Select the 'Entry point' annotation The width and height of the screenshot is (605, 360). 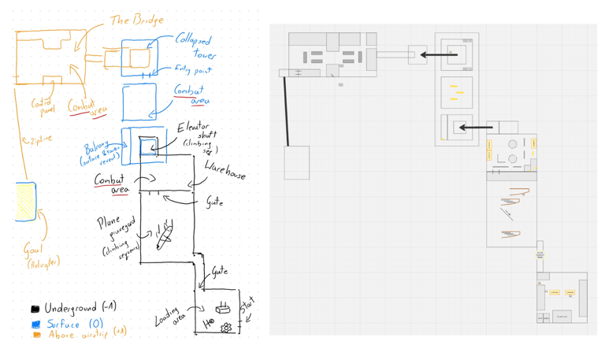pos(193,70)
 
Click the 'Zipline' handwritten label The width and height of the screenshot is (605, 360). pos(37,139)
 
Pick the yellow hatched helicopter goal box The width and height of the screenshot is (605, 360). pos(25,202)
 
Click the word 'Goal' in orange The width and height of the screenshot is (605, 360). pos(32,251)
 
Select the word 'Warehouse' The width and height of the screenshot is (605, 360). pos(225,170)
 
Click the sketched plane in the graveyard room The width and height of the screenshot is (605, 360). pos(164,235)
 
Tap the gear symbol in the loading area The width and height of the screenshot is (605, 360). pos(227,327)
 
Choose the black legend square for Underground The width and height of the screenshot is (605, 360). pos(35,309)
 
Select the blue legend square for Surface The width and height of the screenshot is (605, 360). pos(35,324)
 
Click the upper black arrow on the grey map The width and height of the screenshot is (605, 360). pos(439,55)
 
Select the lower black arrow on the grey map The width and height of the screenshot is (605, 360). pos(477,127)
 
